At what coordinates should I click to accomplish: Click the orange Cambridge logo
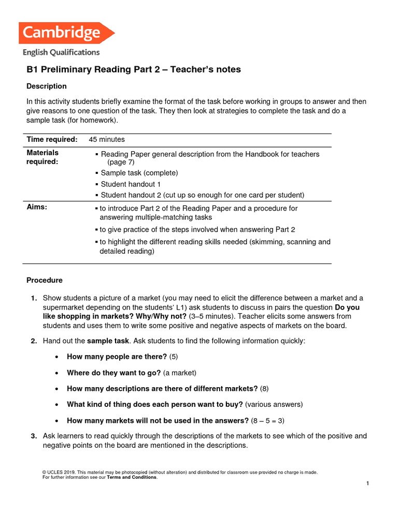(x=66, y=33)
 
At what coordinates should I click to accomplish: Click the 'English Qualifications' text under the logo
(x=61, y=52)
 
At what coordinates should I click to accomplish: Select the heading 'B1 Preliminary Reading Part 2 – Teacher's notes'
(x=134, y=69)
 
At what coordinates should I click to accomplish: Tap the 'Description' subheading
(x=47, y=86)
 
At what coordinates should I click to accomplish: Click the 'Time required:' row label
(x=52, y=139)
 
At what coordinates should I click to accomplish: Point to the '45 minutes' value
(x=107, y=139)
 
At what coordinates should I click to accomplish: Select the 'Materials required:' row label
(x=42, y=157)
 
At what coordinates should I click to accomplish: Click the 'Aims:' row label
(x=37, y=207)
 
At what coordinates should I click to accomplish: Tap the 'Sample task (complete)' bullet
(x=139, y=173)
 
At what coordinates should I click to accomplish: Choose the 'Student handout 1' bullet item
(x=131, y=184)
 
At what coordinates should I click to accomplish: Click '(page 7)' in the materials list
(x=121, y=162)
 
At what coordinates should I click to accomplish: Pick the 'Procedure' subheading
(x=45, y=280)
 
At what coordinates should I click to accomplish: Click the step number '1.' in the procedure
(x=34, y=298)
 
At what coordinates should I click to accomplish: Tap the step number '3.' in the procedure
(x=34, y=436)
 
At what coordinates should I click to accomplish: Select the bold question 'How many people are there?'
(x=117, y=357)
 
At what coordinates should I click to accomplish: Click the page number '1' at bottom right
(x=367, y=483)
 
